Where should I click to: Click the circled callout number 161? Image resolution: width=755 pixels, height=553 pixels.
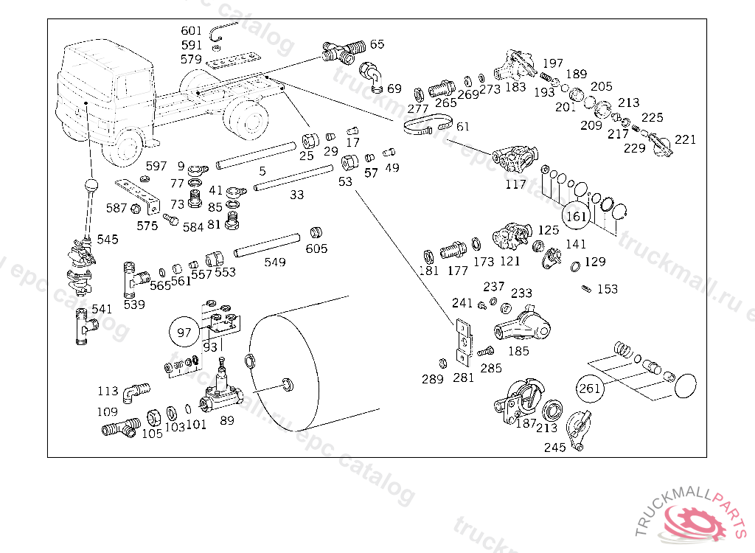[x=576, y=216]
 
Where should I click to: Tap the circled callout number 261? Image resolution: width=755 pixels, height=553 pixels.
[x=590, y=388]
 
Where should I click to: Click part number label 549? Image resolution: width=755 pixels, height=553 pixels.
[x=275, y=262]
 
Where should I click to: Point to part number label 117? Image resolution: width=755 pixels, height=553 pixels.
[x=516, y=184]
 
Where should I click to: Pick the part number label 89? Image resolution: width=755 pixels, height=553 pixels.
[x=227, y=420]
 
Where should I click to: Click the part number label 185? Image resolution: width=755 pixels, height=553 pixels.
[x=518, y=351]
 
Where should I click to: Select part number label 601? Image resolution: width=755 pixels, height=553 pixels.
[x=191, y=31]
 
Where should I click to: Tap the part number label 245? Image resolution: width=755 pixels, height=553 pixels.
[x=555, y=447]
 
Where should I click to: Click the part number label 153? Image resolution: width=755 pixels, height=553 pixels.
[x=608, y=289]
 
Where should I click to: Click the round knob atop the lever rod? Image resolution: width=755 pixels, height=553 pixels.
[x=91, y=185]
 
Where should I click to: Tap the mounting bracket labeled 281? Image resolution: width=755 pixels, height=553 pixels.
[x=462, y=343]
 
